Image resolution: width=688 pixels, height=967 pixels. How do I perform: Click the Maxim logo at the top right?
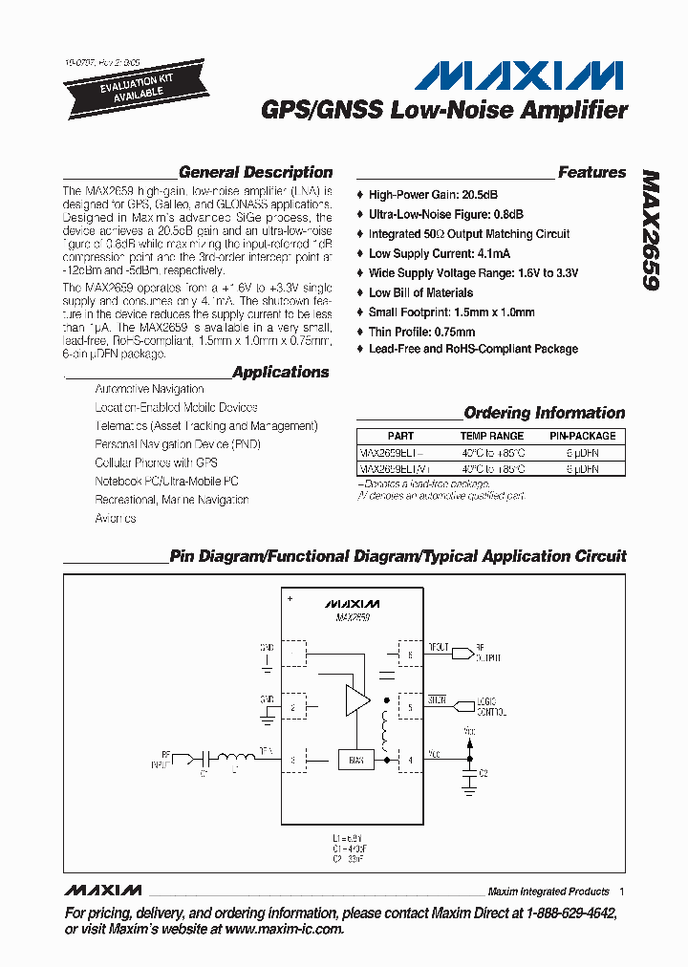[524, 76]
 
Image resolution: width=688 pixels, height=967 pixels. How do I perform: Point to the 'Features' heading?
[591, 173]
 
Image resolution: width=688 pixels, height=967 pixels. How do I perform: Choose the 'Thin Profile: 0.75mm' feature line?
[421, 332]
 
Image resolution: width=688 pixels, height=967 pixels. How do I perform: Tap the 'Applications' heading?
[280, 373]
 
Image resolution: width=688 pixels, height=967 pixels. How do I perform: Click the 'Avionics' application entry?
[116, 518]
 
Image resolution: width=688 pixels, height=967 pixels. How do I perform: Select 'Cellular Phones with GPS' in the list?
[156, 462]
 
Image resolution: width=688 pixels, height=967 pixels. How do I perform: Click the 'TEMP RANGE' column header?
[492, 436]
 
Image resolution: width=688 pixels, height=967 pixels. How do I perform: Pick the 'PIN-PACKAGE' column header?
[582, 436]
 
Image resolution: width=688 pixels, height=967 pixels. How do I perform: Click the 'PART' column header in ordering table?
[401, 436]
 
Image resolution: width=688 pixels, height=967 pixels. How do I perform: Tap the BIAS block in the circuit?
[355, 761]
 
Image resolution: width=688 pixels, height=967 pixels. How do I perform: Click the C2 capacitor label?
[484, 772]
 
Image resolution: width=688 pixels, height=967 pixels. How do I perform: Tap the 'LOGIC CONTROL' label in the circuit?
[492, 708]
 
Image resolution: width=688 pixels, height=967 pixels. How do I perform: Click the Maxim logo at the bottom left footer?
[102, 891]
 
